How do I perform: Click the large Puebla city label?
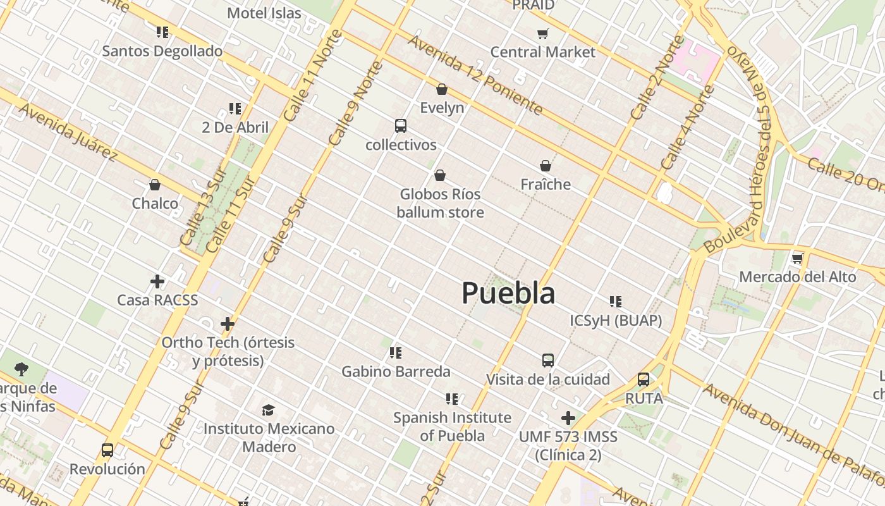click(x=508, y=293)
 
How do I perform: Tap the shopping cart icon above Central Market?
click(x=542, y=34)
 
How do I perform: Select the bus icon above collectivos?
click(x=401, y=125)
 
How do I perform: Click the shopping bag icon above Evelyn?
click(x=442, y=89)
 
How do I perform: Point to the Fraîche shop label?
click(x=546, y=184)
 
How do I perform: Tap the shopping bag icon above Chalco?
click(x=155, y=185)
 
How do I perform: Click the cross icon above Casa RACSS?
click(x=157, y=281)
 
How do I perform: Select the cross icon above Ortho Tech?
click(x=228, y=324)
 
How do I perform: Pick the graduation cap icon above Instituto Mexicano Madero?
click(x=269, y=410)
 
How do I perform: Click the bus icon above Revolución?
click(x=107, y=450)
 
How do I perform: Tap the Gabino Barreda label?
click(x=396, y=371)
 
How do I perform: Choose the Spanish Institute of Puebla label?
click(x=452, y=426)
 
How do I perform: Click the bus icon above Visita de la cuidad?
click(x=548, y=361)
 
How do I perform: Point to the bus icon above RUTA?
click(x=644, y=379)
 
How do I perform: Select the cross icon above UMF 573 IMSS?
click(x=568, y=418)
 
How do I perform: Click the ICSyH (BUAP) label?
click(x=616, y=321)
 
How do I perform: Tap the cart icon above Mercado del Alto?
click(x=798, y=258)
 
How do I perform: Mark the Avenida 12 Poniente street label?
click(x=475, y=75)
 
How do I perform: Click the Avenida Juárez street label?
click(x=68, y=132)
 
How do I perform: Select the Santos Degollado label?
click(x=162, y=51)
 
